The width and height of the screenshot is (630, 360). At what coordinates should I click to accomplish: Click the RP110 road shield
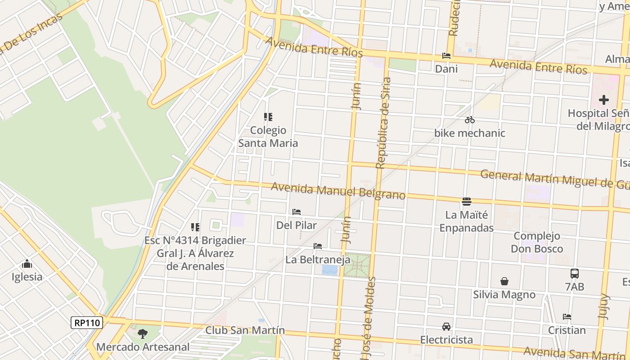pyautogui.click(x=87, y=322)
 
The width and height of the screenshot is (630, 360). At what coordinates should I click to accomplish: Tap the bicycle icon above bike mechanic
pyautogui.click(x=470, y=120)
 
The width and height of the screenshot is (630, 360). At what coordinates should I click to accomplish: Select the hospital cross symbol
pyautogui.click(x=603, y=99)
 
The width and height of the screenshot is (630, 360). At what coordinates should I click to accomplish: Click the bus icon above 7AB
pyautogui.click(x=575, y=273)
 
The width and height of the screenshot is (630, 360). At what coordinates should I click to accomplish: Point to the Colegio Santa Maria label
pyautogui.click(x=268, y=137)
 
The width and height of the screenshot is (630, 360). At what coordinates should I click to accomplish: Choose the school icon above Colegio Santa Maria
pyautogui.click(x=268, y=117)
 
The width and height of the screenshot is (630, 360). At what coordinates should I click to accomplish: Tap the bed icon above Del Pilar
pyautogui.click(x=297, y=211)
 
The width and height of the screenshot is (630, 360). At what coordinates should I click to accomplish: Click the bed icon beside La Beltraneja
pyautogui.click(x=318, y=246)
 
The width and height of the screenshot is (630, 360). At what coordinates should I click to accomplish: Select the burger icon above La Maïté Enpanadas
pyautogui.click(x=466, y=201)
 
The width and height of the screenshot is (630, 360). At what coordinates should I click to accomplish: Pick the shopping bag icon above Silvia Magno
pyautogui.click(x=504, y=281)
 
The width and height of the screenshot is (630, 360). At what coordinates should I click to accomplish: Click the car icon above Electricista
pyautogui.click(x=446, y=326)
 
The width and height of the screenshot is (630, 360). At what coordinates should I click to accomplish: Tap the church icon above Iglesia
pyautogui.click(x=27, y=264)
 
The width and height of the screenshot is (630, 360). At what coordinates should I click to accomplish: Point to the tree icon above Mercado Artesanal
pyautogui.click(x=143, y=333)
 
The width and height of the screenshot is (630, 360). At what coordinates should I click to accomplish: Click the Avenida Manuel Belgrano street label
pyautogui.click(x=338, y=191)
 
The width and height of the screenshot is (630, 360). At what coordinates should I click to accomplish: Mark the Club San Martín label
pyautogui.click(x=245, y=330)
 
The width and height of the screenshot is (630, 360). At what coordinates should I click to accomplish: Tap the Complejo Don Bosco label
pyautogui.click(x=537, y=242)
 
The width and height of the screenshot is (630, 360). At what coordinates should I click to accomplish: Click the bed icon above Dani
pyautogui.click(x=446, y=56)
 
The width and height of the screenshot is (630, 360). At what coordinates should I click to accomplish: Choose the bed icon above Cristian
pyautogui.click(x=567, y=317)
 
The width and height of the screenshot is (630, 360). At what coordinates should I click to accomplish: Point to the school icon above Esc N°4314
pyautogui.click(x=195, y=227)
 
